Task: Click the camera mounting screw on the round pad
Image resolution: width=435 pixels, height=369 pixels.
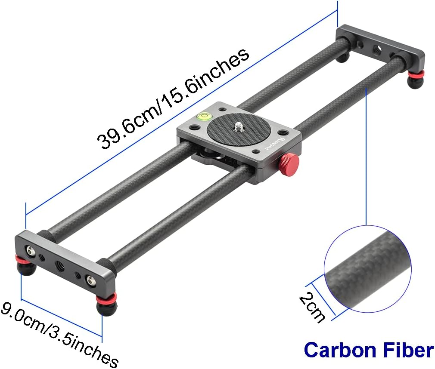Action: [x=238, y=127]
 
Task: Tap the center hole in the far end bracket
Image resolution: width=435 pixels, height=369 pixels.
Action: [x=376, y=49]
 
